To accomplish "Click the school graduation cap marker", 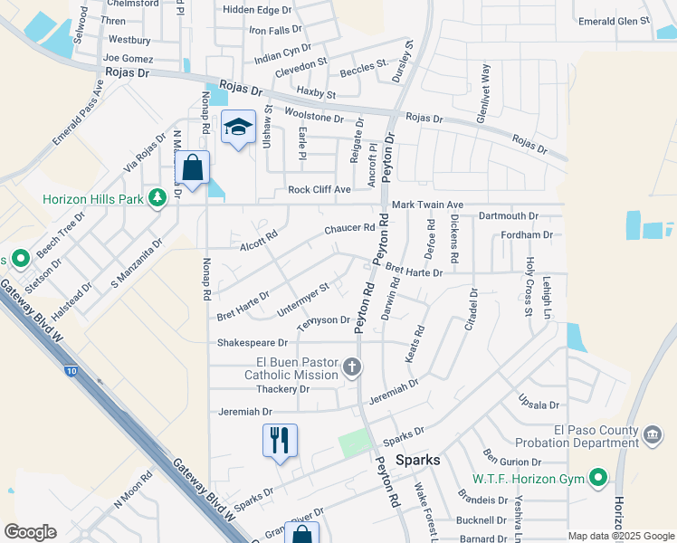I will click(238, 128).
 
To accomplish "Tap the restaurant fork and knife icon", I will click(280, 440).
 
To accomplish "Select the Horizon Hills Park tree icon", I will click(158, 197).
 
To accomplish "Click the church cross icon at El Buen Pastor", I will click(353, 367).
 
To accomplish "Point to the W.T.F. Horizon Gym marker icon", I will click(597, 477).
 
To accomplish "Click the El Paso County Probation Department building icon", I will click(651, 436).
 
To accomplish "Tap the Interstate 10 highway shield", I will click(72, 370).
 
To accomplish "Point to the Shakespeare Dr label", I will click(252, 343).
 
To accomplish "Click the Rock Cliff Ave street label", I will click(319, 189).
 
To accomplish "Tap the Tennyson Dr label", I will click(324, 320).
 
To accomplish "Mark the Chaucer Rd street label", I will click(349, 230).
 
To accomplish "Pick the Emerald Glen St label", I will click(615, 20).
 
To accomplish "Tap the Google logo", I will click(30, 532).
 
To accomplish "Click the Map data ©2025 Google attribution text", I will click(621, 536).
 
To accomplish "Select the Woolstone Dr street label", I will click(314, 117).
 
